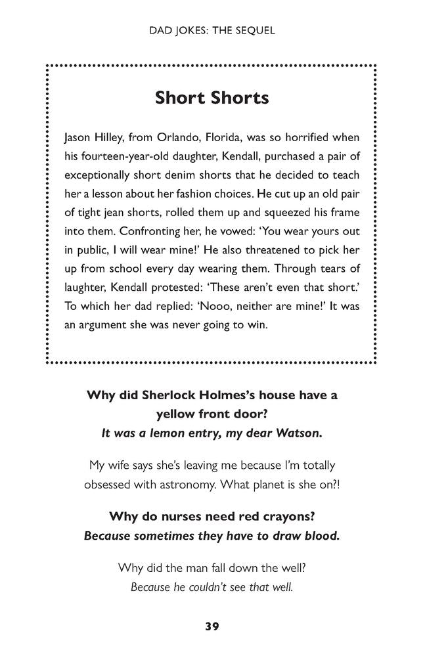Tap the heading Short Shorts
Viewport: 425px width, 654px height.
pyautogui.click(x=212, y=98)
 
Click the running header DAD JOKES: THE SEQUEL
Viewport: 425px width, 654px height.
pyautogui.click(x=212, y=31)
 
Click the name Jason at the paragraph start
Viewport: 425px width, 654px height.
pyautogui.click(x=78, y=139)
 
